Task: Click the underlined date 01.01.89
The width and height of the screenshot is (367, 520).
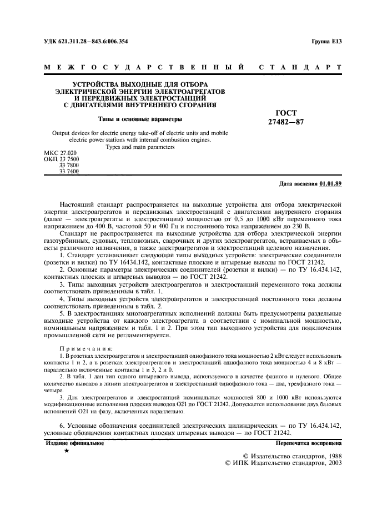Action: point(331,183)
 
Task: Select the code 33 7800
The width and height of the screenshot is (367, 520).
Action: point(69,166)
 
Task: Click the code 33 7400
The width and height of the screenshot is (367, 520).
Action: point(69,172)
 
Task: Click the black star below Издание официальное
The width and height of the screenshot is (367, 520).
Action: point(67,451)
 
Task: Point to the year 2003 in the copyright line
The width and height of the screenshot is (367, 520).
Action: point(331,462)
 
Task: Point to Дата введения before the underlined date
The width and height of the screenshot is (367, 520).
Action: point(298,183)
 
